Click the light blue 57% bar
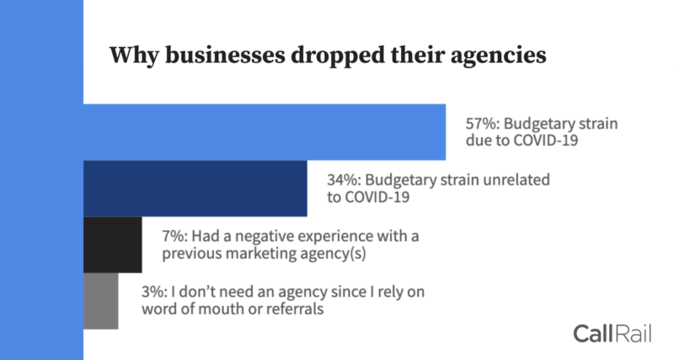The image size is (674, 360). click(x=265, y=132)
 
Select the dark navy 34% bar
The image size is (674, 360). click(x=195, y=188)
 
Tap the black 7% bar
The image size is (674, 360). click(x=113, y=244)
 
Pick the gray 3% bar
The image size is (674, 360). click(x=101, y=300)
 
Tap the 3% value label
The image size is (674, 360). click(x=156, y=292)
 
